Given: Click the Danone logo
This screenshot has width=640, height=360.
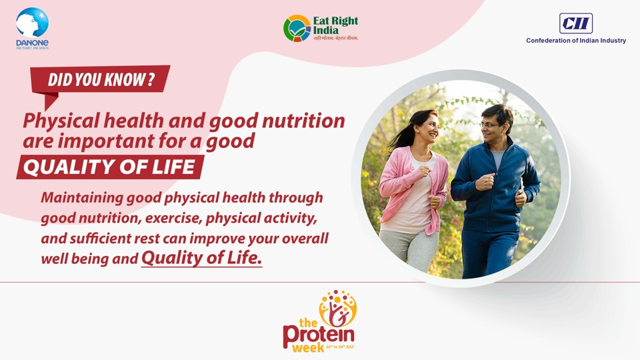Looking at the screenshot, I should coord(32,28).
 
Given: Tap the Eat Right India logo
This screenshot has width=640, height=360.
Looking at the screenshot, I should coord(321,29).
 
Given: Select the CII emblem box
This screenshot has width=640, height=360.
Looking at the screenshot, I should coord(576,23).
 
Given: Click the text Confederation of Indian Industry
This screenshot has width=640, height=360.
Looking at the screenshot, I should coord(576,41).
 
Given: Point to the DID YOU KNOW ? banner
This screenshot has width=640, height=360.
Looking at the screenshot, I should coord(101,80).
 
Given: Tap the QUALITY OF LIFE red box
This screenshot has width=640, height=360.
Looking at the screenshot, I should coord(109,167).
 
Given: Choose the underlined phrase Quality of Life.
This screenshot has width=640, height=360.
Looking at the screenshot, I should coord(201,258).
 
